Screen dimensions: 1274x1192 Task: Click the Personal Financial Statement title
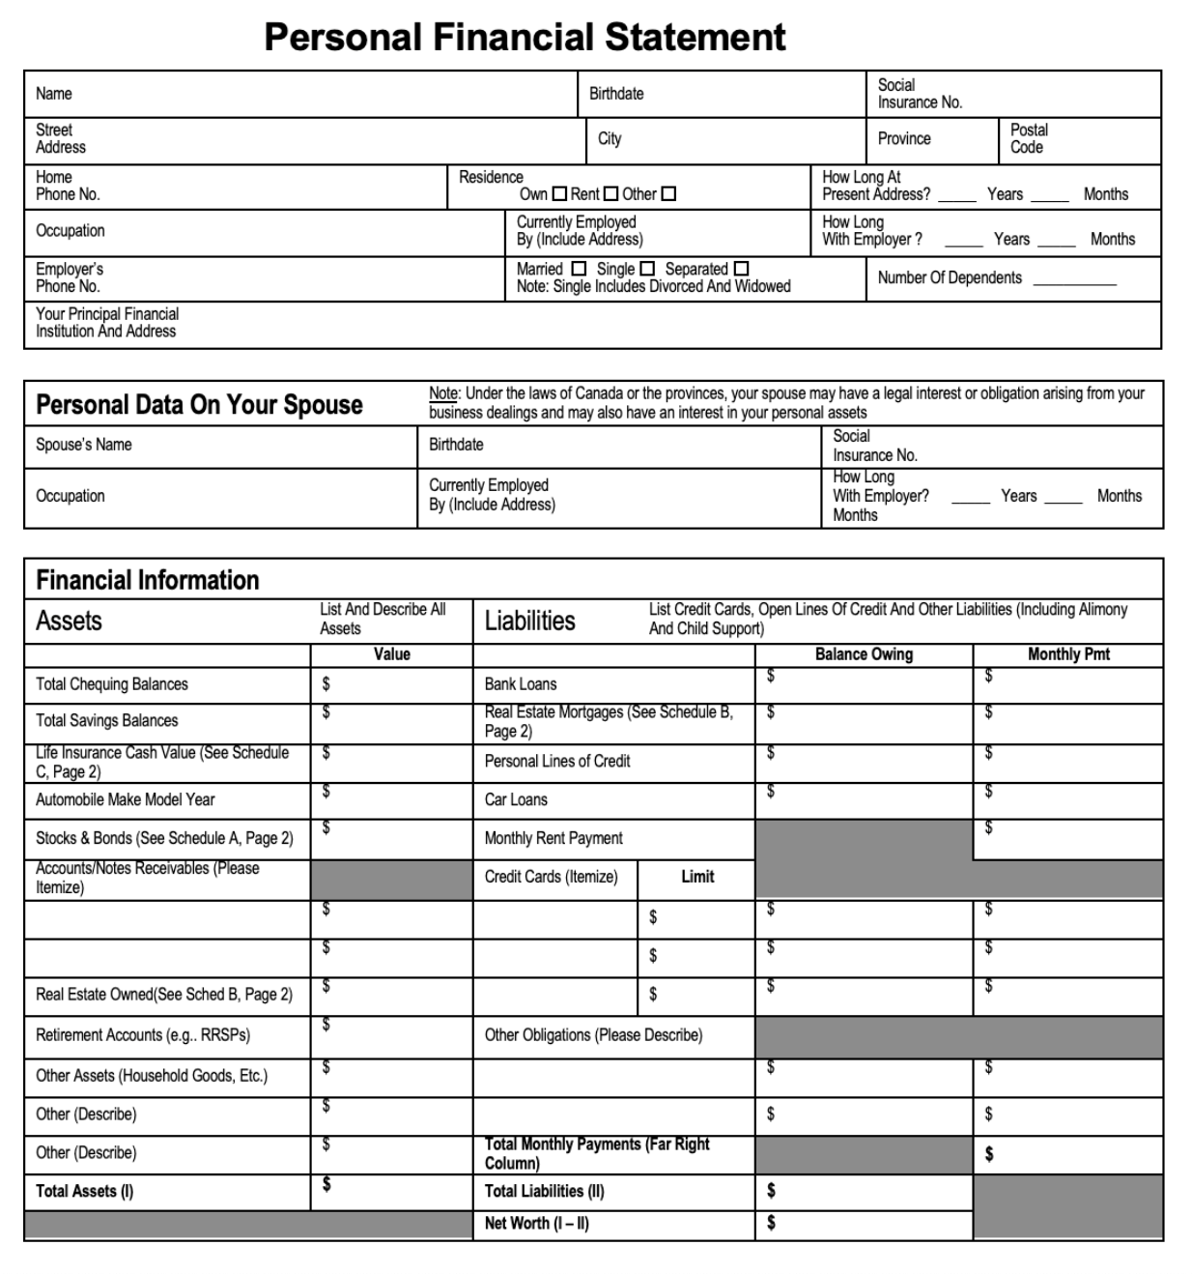click(525, 37)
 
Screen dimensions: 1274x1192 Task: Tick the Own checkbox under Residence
click(559, 194)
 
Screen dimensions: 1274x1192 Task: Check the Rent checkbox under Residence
click(610, 194)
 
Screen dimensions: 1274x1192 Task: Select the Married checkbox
click(579, 269)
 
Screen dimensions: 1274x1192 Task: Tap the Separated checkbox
click(741, 269)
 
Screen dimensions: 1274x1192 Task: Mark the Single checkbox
click(647, 269)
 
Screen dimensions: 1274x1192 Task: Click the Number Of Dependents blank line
click(1073, 279)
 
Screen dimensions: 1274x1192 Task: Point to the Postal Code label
click(1029, 138)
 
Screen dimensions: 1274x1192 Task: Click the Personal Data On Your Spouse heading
click(199, 404)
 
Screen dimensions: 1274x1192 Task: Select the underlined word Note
click(443, 393)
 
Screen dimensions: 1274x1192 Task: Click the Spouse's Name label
click(84, 445)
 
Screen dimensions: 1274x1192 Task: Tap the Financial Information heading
click(148, 580)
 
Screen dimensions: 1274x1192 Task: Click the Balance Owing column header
click(864, 654)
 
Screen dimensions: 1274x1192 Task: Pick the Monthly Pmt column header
click(1068, 654)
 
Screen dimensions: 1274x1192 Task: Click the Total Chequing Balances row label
click(112, 684)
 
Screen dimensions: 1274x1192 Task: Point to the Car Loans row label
click(516, 799)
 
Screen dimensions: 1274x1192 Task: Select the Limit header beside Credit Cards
click(697, 877)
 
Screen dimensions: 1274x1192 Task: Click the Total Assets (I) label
click(85, 1191)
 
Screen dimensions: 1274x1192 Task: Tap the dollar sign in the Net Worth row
click(771, 1223)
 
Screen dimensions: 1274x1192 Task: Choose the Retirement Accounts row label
click(143, 1035)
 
